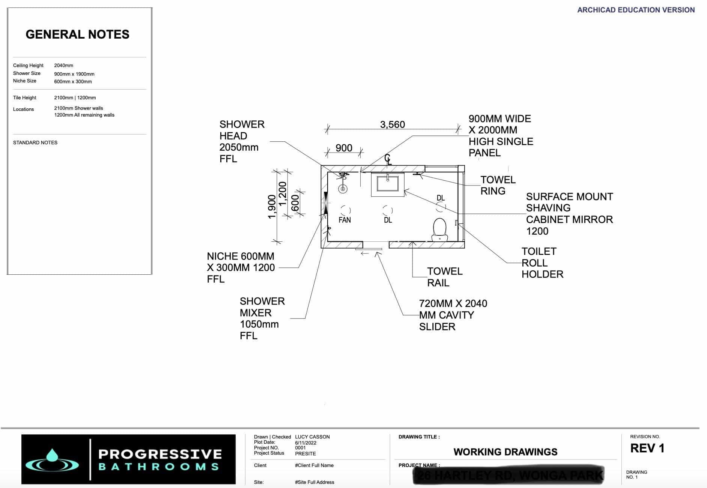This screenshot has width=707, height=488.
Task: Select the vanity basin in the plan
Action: click(388, 184)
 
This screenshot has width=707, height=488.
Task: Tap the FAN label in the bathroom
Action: click(344, 220)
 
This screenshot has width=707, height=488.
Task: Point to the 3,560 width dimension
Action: click(392, 124)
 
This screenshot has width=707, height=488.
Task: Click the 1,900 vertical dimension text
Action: click(272, 207)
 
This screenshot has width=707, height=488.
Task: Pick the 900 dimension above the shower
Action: click(344, 148)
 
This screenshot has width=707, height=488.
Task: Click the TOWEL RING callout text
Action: click(498, 185)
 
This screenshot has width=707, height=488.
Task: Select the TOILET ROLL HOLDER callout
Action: click(542, 263)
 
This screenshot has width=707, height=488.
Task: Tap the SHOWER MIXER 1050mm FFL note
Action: click(262, 318)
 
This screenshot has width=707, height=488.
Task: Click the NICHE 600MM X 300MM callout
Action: click(241, 267)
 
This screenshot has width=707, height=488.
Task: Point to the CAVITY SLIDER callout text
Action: click(453, 315)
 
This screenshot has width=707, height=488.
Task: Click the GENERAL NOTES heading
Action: click(77, 34)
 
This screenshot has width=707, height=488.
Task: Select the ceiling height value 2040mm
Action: click(63, 65)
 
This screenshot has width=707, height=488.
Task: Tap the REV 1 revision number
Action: click(647, 448)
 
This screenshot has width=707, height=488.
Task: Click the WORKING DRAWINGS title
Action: click(505, 452)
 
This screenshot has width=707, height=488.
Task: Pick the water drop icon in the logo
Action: click(52, 456)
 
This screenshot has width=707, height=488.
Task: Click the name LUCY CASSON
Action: click(312, 437)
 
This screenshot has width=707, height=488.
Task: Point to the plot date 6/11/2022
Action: click(305, 443)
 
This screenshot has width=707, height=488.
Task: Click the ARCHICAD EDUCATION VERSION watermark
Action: click(636, 10)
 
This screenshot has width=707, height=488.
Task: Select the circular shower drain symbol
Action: click(343, 189)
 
